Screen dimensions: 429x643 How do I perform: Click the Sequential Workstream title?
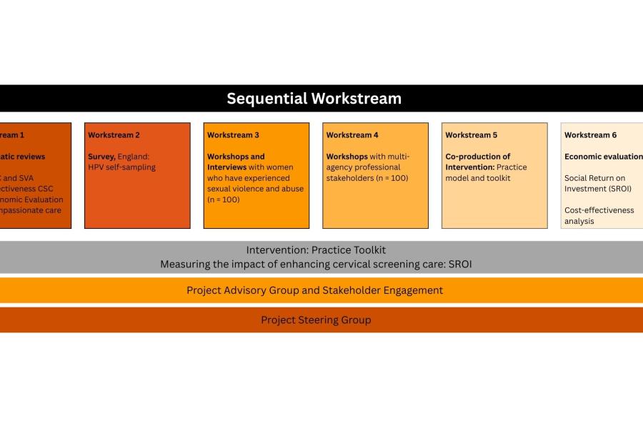click(x=314, y=99)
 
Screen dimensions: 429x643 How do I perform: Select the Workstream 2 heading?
click(x=114, y=135)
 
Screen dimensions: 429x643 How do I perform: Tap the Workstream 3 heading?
click(x=233, y=135)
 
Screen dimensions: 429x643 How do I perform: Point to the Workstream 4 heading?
click(x=352, y=135)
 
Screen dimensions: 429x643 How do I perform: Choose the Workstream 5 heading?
click(x=472, y=135)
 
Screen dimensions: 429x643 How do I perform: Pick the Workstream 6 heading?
click(x=591, y=135)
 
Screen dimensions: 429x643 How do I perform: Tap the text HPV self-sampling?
click(x=121, y=167)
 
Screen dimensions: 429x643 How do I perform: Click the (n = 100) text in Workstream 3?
click(x=224, y=199)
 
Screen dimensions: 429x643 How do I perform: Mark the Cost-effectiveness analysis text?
click(x=599, y=215)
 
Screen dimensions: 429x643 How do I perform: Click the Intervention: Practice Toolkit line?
click(x=316, y=250)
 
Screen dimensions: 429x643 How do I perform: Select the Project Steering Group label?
click(x=316, y=320)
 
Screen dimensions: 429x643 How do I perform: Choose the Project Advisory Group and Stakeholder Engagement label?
click(x=314, y=290)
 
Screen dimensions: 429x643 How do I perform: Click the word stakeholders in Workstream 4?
click(x=350, y=178)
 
